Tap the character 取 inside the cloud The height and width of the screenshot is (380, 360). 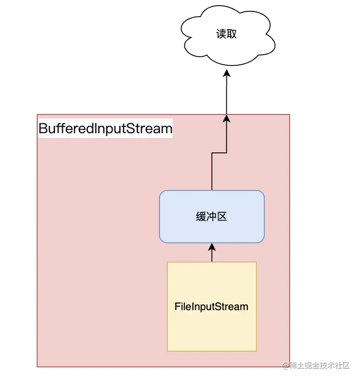click(x=232, y=34)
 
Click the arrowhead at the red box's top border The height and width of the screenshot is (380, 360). click(x=226, y=118)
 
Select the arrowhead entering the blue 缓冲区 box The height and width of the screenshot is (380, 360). click(x=212, y=247)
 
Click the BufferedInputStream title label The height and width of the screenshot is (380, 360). click(x=105, y=129)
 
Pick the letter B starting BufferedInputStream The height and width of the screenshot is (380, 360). click(x=43, y=129)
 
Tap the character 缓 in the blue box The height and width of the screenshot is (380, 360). click(x=201, y=217)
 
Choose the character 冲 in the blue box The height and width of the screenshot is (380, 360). click(x=211, y=217)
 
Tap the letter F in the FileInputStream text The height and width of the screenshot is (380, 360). click(x=177, y=307)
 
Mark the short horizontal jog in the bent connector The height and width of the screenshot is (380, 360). click(x=219, y=153)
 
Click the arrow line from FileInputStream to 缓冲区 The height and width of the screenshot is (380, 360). click(x=212, y=256)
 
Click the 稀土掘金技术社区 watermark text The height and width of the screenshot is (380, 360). click(x=320, y=366)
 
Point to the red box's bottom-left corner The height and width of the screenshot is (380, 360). click(x=38, y=366)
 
